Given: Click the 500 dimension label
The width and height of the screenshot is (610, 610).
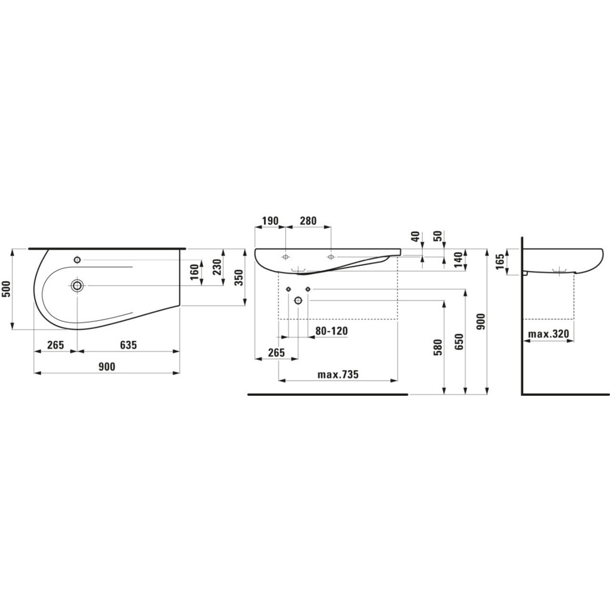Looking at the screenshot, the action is click(6, 289).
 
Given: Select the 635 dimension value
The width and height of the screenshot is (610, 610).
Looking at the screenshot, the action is click(129, 345).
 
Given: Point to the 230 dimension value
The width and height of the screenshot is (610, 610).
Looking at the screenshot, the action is click(217, 267).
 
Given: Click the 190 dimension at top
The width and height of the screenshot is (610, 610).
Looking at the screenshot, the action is click(270, 221).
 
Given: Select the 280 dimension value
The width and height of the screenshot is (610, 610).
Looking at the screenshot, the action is click(308, 221).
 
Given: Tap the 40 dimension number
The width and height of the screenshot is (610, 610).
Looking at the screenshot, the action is click(416, 236).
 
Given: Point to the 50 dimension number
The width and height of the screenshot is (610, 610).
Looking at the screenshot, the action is click(438, 236).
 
